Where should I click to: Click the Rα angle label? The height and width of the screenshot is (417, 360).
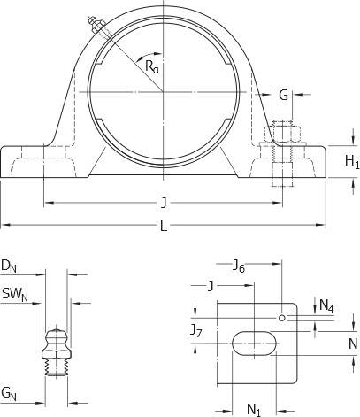[x=152, y=66]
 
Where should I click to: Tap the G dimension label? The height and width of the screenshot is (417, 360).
[x=283, y=95]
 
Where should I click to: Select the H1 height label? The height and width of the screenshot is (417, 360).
[x=352, y=162]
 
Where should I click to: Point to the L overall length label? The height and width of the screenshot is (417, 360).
[x=164, y=227]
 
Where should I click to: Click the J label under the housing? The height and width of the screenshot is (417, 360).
[x=164, y=204]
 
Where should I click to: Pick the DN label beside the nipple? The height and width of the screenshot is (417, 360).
[x=9, y=266]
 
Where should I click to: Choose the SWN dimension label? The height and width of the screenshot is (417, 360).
[x=15, y=295]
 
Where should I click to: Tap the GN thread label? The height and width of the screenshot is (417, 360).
[x=9, y=394]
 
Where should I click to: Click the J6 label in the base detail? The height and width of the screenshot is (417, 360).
[x=239, y=266]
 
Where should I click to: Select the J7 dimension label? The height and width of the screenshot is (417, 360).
[x=195, y=330]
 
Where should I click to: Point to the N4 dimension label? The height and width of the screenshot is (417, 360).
[x=326, y=305]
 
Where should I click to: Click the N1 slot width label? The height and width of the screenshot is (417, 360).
[x=254, y=409]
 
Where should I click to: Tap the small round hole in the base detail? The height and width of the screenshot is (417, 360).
[x=282, y=318]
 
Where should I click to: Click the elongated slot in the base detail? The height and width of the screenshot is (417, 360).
[x=255, y=344]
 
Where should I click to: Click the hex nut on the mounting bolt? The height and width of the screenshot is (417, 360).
[x=282, y=134]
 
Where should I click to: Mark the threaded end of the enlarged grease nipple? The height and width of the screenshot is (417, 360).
[x=56, y=367]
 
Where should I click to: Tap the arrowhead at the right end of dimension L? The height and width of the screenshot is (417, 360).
[x=320, y=225]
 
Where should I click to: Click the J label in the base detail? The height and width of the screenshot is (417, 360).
[x=211, y=286]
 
